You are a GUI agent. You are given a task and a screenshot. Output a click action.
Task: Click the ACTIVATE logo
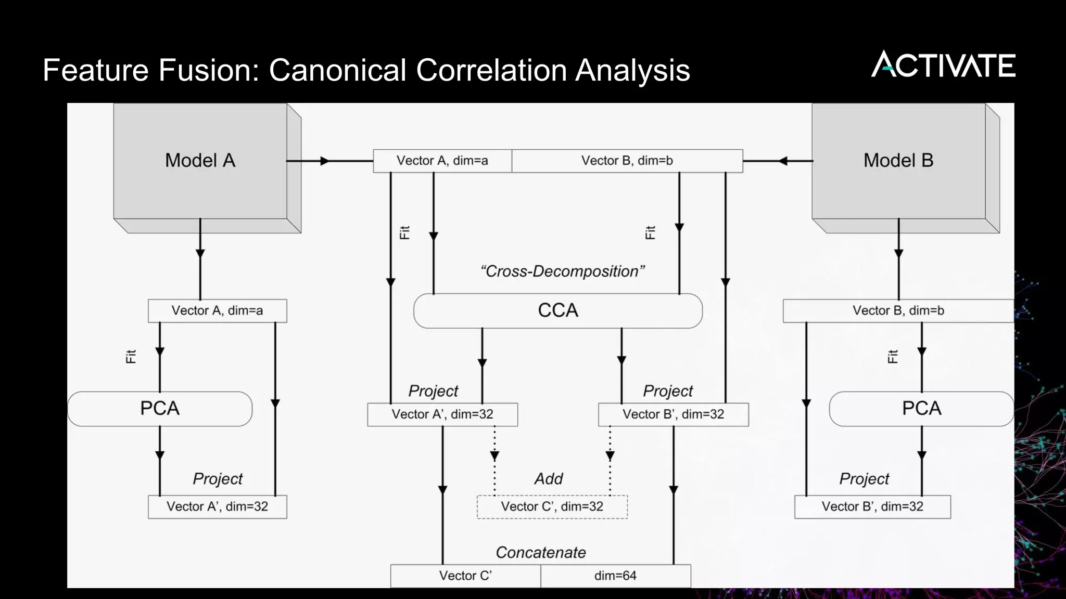(x=943, y=65)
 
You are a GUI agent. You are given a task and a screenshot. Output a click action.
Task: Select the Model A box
(x=200, y=161)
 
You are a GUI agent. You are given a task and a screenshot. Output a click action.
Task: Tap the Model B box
(x=898, y=161)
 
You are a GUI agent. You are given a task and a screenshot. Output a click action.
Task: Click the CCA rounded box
(x=558, y=310)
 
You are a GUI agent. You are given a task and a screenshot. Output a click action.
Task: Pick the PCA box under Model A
(x=160, y=409)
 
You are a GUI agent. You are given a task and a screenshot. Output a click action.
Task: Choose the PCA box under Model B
(x=921, y=409)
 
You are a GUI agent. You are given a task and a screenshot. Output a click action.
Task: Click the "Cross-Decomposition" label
(x=562, y=271)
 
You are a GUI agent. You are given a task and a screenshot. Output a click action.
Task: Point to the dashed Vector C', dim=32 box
(x=552, y=506)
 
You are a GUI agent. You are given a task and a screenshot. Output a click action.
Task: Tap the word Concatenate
(x=540, y=552)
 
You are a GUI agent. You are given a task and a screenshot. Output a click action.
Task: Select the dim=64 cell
(x=615, y=576)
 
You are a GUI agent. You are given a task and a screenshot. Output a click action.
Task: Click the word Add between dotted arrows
(x=549, y=478)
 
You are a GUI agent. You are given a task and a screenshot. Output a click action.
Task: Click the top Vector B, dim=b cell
(x=627, y=161)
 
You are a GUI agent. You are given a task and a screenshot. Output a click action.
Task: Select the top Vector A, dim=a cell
(x=442, y=161)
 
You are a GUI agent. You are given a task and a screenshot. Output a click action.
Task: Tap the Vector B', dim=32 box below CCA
(x=673, y=414)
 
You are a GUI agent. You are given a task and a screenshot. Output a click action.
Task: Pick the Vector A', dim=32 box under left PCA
(x=217, y=506)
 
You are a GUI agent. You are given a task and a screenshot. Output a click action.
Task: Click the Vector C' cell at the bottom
(x=465, y=576)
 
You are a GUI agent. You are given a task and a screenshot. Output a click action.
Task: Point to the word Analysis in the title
(x=632, y=70)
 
